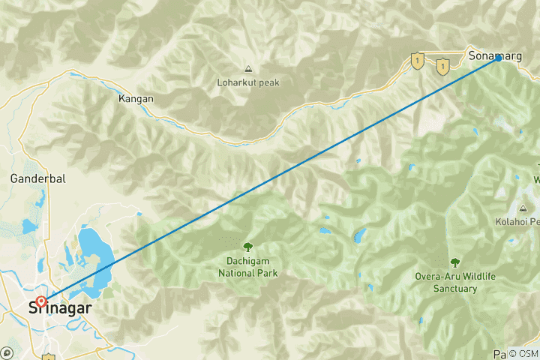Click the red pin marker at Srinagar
pyautogui.click(x=40, y=302)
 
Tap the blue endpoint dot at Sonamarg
pyautogui.click(x=497, y=58)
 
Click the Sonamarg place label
pyautogui.click(x=490, y=55)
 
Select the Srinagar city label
pyautogui.click(x=59, y=307)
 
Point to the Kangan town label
pyautogui.click(x=136, y=98)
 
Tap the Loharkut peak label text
pyautogui.click(x=247, y=82)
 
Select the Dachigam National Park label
pyautogui.click(x=247, y=268)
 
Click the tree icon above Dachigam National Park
pyautogui.click(x=247, y=246)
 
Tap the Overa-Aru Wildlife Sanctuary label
pyautogui.click(x=456, y=282)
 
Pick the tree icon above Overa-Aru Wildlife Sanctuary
pyautogui.click(x=454, y=262)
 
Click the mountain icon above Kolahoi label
pyautogui.click(x=523, y=208)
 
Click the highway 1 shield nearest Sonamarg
pyautogui.click(x=442, y=67)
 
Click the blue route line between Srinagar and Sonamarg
pyautogui.click(x=270, y=179)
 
